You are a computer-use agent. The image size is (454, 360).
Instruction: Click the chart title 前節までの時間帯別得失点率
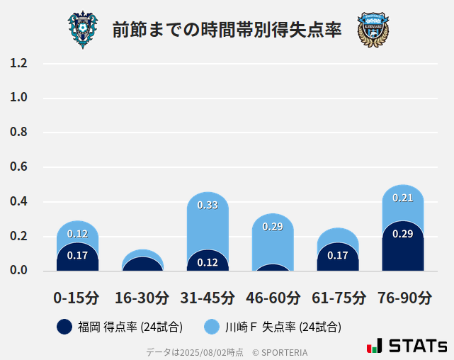(x=227, y=30)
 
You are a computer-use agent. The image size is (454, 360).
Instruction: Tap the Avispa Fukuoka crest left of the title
(x=83, y=30)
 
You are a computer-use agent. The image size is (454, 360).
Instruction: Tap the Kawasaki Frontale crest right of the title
(x=373, y=30)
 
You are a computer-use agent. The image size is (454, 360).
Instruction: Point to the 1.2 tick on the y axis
(x=18, y=63)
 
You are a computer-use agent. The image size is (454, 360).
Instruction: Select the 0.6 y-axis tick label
(x=18, y=167)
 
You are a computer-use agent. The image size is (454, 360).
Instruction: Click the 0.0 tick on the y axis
(x=18, y=271)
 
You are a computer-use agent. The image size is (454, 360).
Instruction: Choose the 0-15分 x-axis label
(x=77, y=298)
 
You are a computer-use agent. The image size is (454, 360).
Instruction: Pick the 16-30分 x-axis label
(x=142, y=298)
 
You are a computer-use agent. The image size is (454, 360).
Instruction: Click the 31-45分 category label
(x=208, y=298)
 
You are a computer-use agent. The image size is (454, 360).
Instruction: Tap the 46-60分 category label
(x=273, y=298)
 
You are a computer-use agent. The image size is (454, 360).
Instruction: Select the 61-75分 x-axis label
(x=338, y=298)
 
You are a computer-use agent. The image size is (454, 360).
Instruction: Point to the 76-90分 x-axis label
(x=403, y=298)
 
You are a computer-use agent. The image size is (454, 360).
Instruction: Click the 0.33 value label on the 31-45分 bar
(x=208, y=206)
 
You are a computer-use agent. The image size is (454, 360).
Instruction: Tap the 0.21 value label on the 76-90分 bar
(x=403, y=198)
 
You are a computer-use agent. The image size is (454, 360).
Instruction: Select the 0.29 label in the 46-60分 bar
(x=273, y=227)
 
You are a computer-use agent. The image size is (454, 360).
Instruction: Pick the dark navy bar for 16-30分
(x=142, y=264)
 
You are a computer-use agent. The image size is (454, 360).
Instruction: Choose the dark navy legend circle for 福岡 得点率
(x=64, y=327)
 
